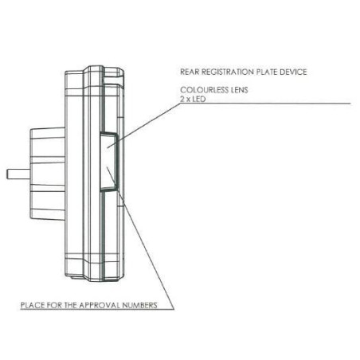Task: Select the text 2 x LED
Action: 193,99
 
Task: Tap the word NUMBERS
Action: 139,305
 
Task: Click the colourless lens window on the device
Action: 108,162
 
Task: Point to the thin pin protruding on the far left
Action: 18,174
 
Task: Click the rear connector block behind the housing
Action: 47,174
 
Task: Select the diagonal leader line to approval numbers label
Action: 140,238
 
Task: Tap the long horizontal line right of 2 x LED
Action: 265,104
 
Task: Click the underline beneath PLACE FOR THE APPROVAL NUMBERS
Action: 97,309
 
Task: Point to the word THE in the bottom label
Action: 70,305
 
